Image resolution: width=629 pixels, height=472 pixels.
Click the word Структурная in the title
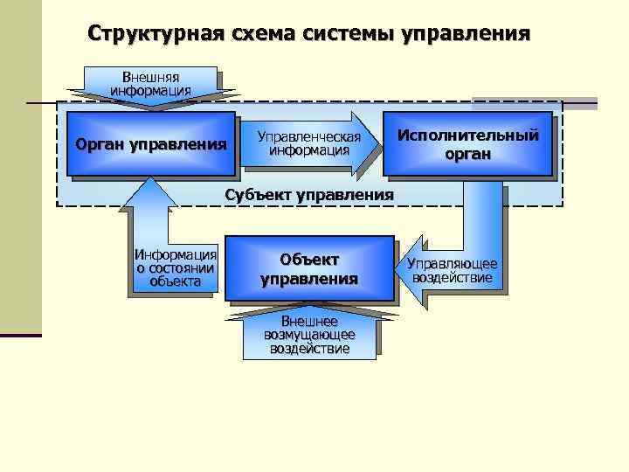(155, 34)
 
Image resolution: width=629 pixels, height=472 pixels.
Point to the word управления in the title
(466, 34)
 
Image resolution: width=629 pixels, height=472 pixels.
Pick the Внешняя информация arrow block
(150, 84)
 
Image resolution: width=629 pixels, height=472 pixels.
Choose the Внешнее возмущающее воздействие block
(309, 335)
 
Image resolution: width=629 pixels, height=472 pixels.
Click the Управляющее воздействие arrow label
(453, 272)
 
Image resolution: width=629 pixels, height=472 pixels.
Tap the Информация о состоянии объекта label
(175, 267)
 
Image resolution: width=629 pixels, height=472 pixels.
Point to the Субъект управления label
(309, 194)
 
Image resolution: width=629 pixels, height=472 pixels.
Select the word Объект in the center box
(309, 260)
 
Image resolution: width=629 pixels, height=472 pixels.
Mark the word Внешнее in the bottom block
(309, 322)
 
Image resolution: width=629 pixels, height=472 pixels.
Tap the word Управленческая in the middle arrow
(309, 136)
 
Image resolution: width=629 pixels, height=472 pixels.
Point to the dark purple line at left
(21, 335)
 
